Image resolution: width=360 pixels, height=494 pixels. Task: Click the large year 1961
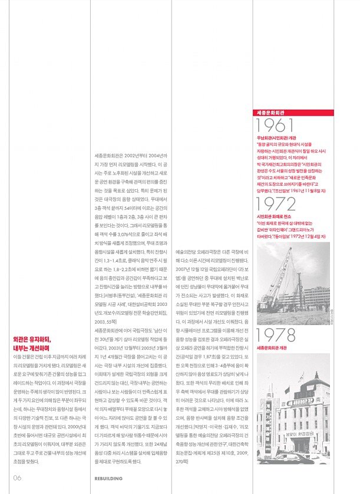(275, 126)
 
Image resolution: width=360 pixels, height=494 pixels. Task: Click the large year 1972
(276, 205)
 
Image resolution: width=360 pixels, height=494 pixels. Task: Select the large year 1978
(276, 336)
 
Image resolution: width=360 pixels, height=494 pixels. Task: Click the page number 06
(18, 477)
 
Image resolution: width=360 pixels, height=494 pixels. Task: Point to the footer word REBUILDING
(108, 478)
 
